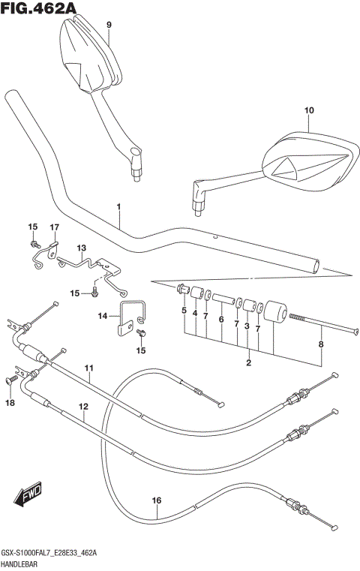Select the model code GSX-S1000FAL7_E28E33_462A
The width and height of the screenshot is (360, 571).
click(53, 553)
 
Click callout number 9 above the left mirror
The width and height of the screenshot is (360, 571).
click(109, 25)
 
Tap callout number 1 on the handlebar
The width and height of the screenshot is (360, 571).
click(118, 206)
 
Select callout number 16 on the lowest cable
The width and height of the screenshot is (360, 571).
click(156, 500)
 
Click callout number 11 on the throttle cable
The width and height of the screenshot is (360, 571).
click(88, 368)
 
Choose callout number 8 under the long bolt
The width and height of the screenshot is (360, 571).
click(322, 344)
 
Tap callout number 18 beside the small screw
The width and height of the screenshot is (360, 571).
click(10, 403)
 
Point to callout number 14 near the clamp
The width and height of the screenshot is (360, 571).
click(103, 316)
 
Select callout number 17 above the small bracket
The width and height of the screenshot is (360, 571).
click(54, 227)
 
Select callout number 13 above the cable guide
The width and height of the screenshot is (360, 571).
click(81, 248)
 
